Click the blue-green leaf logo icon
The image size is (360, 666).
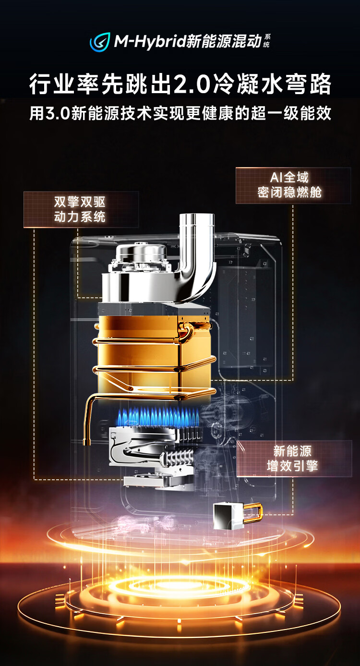pos(100,42)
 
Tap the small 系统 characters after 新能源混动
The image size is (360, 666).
pos(267,41)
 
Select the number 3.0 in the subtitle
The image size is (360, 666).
pos(58,113)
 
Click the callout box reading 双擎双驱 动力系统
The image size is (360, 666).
pos(81,210)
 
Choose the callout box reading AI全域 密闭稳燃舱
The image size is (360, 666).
pos(293,185)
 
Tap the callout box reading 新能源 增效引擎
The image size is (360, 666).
pos(294,459)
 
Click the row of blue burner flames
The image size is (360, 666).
pos(158,415)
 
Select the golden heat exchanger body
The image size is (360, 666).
pos(139,354)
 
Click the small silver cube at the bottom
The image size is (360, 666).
pos(229,517)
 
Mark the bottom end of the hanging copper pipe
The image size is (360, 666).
pos(87,443)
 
